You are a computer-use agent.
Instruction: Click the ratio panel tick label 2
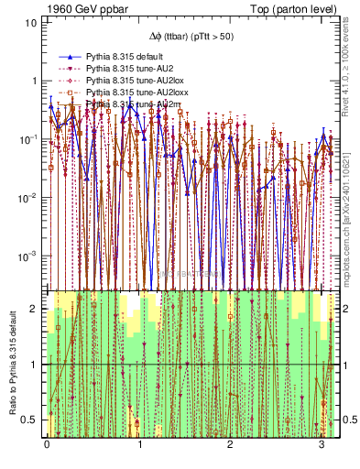[35, 310]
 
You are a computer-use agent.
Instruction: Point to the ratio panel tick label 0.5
[31, 420]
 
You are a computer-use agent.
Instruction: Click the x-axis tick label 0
[47, 445]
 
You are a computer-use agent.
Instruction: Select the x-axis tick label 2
[231, 445]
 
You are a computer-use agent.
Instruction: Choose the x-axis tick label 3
[322, 445]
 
